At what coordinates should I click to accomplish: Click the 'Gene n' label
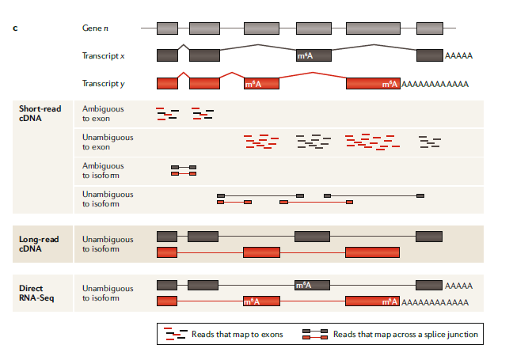94,28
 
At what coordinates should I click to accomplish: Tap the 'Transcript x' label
103,55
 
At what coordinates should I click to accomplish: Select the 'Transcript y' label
103,83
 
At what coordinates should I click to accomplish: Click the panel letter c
16,28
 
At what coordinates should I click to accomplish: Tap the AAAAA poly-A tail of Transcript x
459,55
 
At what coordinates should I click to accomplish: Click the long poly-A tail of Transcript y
435,83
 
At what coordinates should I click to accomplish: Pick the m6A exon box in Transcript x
312,55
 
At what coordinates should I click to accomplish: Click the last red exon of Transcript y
373,83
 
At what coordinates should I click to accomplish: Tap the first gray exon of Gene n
167,28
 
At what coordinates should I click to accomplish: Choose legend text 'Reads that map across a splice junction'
405,335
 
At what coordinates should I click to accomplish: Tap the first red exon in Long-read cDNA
167,252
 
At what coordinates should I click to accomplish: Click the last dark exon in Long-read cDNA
429,236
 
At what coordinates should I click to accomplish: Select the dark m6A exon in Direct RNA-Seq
312,285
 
